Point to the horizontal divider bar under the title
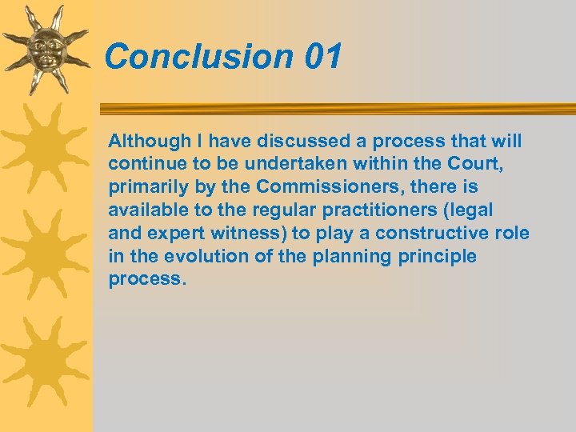pyautogui.click(x=336, y=109)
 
